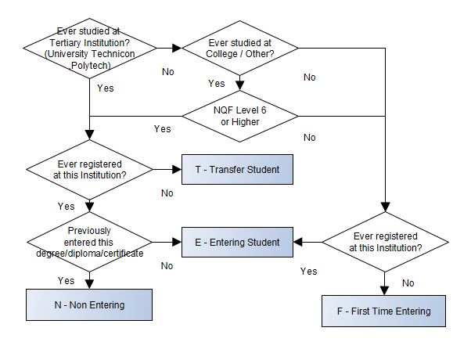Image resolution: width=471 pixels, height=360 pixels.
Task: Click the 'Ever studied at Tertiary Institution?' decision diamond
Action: pyautogui.click(x=91, y=48)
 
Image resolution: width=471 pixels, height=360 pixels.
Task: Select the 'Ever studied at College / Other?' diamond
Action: pyautogui.click(x=240, y=48)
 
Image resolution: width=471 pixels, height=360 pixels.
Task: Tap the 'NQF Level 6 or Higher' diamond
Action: pyautogui.click(x=240, y=116)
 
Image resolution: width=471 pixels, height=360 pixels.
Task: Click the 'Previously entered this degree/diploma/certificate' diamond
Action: pyautogui.click(x=91, y=242)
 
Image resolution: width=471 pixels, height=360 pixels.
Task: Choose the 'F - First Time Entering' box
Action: pyautogui.click(x=383, y=311)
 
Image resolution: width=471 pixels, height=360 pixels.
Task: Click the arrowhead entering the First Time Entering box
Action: pyautogui.click(x=383, y=290)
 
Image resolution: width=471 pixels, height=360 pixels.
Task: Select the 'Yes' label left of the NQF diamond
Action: pyautogui.click(x=162, y=128)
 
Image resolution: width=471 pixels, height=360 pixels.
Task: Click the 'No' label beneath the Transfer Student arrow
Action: pyautogui.click(x=167, y=193)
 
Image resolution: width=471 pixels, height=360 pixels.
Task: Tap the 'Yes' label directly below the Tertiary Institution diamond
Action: pyautogui.click(x=105, y=88)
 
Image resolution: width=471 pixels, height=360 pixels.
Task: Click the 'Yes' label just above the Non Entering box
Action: pyautogui.click(x=67, y=280)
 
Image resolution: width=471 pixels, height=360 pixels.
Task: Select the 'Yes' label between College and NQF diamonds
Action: pyautogui.click(x=216, y=84)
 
